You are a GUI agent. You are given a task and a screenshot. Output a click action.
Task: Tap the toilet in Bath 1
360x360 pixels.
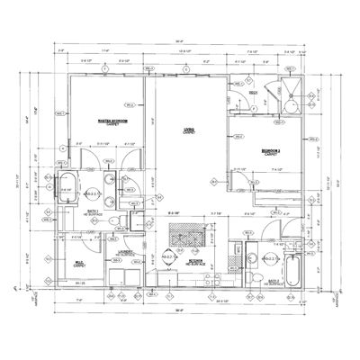click(112, 220)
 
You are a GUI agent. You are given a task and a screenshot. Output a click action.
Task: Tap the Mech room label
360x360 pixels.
click(255, 93)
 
